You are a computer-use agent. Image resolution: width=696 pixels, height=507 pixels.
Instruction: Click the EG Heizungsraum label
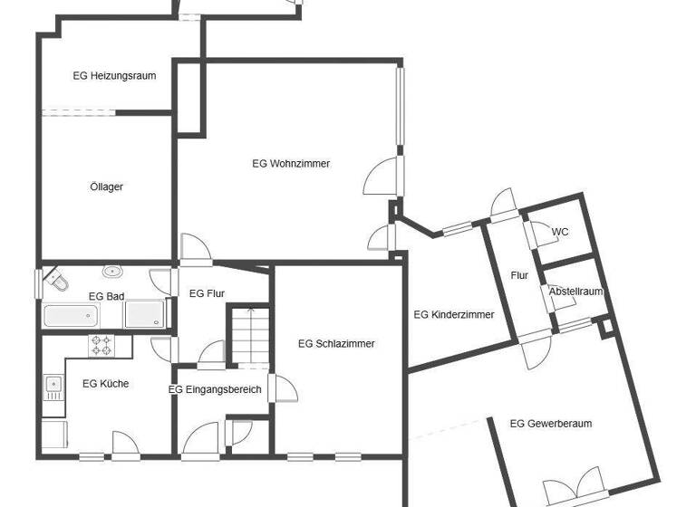[114, 76]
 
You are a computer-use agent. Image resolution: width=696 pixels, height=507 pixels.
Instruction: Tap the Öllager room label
[106, 187]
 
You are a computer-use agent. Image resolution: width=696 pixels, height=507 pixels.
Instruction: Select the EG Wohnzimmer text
[291, 164]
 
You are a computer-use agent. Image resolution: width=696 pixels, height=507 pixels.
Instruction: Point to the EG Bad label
[106, 296]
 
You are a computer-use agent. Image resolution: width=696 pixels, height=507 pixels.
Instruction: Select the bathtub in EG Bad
[71, 316]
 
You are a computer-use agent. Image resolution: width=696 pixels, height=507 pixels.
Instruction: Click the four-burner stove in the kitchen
[101, 345]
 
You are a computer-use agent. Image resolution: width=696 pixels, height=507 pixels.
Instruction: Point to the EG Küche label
[105, 384]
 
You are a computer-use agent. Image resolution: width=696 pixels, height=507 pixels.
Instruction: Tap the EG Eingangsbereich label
[215, 390]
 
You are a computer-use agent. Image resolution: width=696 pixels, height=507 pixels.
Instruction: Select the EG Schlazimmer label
[336, 344]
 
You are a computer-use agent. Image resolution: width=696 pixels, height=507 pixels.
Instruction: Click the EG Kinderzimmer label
[454, 315]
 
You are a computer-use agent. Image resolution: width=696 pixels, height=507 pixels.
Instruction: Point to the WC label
[561, 233]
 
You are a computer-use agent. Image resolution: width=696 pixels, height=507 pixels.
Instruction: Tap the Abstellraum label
[575, 292]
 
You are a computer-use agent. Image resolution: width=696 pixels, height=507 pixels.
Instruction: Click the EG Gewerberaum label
[551, 424]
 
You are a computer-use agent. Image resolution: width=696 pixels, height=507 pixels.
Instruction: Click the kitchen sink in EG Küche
[53, 388]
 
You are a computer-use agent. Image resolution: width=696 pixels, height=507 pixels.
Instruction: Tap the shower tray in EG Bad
[145, 315]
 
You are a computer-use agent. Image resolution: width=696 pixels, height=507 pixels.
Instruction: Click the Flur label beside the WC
[519, 275]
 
